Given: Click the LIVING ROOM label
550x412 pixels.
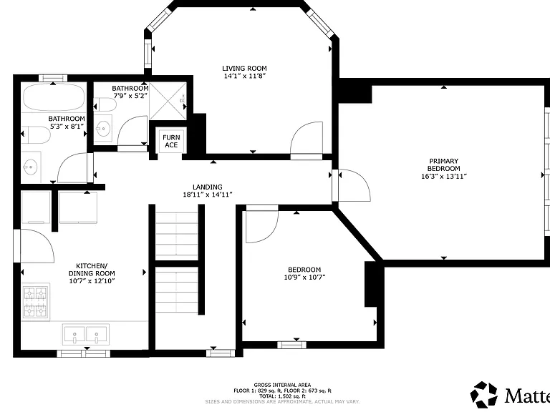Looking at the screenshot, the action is point(244,69).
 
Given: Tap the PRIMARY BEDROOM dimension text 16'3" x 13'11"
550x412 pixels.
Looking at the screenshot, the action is point(444,176).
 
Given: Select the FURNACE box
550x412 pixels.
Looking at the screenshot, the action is point(171,141).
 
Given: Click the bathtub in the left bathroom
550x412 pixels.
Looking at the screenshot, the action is point(54,97).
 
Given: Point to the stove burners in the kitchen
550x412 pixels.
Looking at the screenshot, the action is point(35,301).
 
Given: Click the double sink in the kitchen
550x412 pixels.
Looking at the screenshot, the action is point(86,334).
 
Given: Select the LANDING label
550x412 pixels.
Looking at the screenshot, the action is point(207,187).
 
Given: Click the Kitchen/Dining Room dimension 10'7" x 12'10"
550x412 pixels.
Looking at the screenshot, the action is point(92,280).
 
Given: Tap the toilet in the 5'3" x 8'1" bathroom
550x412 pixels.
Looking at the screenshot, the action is point(36,135).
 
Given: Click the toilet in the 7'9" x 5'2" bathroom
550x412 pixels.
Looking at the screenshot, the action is point(105,104).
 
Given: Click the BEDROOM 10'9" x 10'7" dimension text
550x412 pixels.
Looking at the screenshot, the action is point(304,278).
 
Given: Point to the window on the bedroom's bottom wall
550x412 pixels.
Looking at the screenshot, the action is point(291,345).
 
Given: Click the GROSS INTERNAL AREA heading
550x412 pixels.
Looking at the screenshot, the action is point(282,385).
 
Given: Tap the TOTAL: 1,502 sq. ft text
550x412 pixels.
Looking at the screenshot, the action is point(282,396).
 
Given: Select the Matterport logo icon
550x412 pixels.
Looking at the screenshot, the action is point(484,395).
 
